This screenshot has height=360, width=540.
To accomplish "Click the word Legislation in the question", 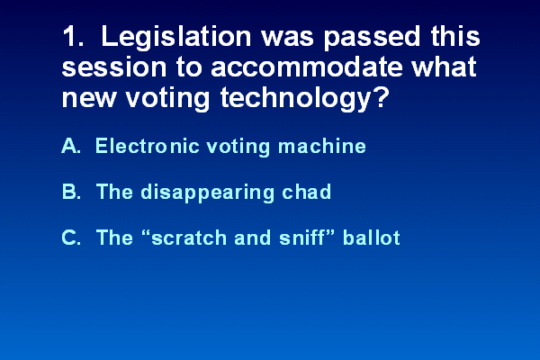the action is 176,38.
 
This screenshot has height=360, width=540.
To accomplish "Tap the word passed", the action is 372,38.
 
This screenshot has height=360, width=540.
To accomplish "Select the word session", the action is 114,67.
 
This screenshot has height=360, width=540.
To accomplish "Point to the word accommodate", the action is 307,67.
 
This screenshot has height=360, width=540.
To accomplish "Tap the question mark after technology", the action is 381,96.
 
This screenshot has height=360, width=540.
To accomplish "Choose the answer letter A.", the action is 71,146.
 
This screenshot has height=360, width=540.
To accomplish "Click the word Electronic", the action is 148,146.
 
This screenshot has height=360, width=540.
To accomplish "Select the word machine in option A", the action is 321,146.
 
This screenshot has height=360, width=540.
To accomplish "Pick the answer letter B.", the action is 71,192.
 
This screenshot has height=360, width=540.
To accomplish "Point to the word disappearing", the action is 207,193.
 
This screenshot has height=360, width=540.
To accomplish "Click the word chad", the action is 307,192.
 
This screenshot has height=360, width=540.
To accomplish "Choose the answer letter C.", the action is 71,238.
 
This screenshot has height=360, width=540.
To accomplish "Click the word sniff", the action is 301,238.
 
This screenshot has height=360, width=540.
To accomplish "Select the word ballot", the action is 371,238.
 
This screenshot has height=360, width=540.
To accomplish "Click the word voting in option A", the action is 238,147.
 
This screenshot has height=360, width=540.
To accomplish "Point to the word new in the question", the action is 88,98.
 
